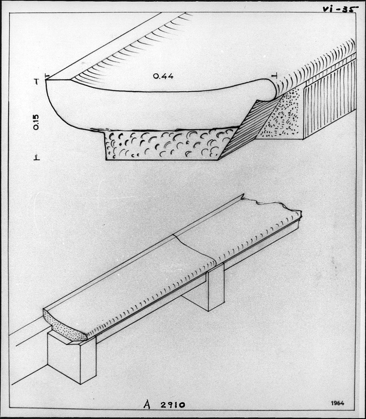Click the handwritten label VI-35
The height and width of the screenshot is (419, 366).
click(339, 9)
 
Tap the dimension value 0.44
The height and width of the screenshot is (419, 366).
click(163, 77)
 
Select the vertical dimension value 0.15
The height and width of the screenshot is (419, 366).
click(36, 122)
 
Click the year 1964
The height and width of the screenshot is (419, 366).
click(337, 403)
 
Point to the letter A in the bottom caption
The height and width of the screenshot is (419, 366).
click(147, 405)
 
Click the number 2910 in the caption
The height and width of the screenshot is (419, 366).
click(173, 405)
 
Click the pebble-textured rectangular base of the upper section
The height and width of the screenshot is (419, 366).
click(166, 144)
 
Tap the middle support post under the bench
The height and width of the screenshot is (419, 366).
click(211, 288)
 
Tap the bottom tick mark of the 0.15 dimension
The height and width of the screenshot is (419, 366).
click(37, 158)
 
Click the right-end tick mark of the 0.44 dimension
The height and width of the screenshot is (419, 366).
click(274, 76)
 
